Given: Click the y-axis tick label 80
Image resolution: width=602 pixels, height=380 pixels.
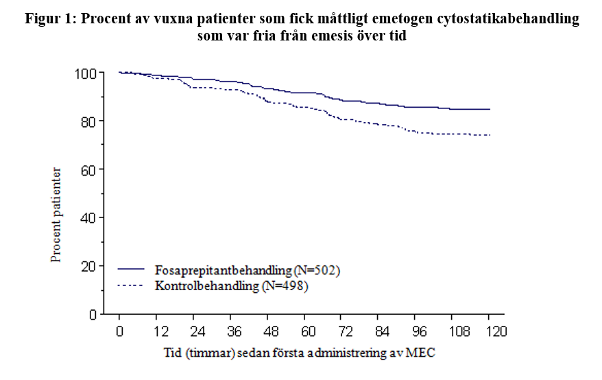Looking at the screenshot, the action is coord(88,121).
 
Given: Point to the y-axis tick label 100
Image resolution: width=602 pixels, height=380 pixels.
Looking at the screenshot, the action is coord(85,73).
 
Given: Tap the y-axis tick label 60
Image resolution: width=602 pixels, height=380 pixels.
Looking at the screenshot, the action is coord(88,170).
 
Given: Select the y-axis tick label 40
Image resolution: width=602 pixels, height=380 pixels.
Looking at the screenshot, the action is coord(88,218).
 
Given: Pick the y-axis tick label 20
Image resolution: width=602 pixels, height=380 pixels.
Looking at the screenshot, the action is coord(88,267).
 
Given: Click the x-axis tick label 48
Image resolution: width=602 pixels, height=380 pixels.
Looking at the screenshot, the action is coord(270,331).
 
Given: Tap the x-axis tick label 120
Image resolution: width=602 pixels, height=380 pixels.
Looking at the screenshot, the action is coord(496,331).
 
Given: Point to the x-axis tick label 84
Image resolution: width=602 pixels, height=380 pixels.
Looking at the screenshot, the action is coord(382,331).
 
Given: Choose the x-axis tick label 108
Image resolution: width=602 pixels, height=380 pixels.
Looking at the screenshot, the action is coord(459,331).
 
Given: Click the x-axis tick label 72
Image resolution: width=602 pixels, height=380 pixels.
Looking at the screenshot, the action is coord(345,331).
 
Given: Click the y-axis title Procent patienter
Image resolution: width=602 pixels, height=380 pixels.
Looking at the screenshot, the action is coord(56,215).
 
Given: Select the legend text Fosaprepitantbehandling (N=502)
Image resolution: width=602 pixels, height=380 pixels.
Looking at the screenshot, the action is coord(248,270).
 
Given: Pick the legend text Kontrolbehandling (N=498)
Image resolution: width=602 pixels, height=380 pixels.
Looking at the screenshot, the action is coord(232,286).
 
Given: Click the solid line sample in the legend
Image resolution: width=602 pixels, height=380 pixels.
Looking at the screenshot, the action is coord(131,269).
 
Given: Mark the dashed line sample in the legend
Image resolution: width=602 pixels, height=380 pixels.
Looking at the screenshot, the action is coord(130,285).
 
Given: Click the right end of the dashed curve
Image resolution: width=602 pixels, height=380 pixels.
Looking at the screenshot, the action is coord(490,135).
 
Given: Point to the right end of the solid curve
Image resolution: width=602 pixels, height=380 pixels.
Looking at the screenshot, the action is coord(490,109).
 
